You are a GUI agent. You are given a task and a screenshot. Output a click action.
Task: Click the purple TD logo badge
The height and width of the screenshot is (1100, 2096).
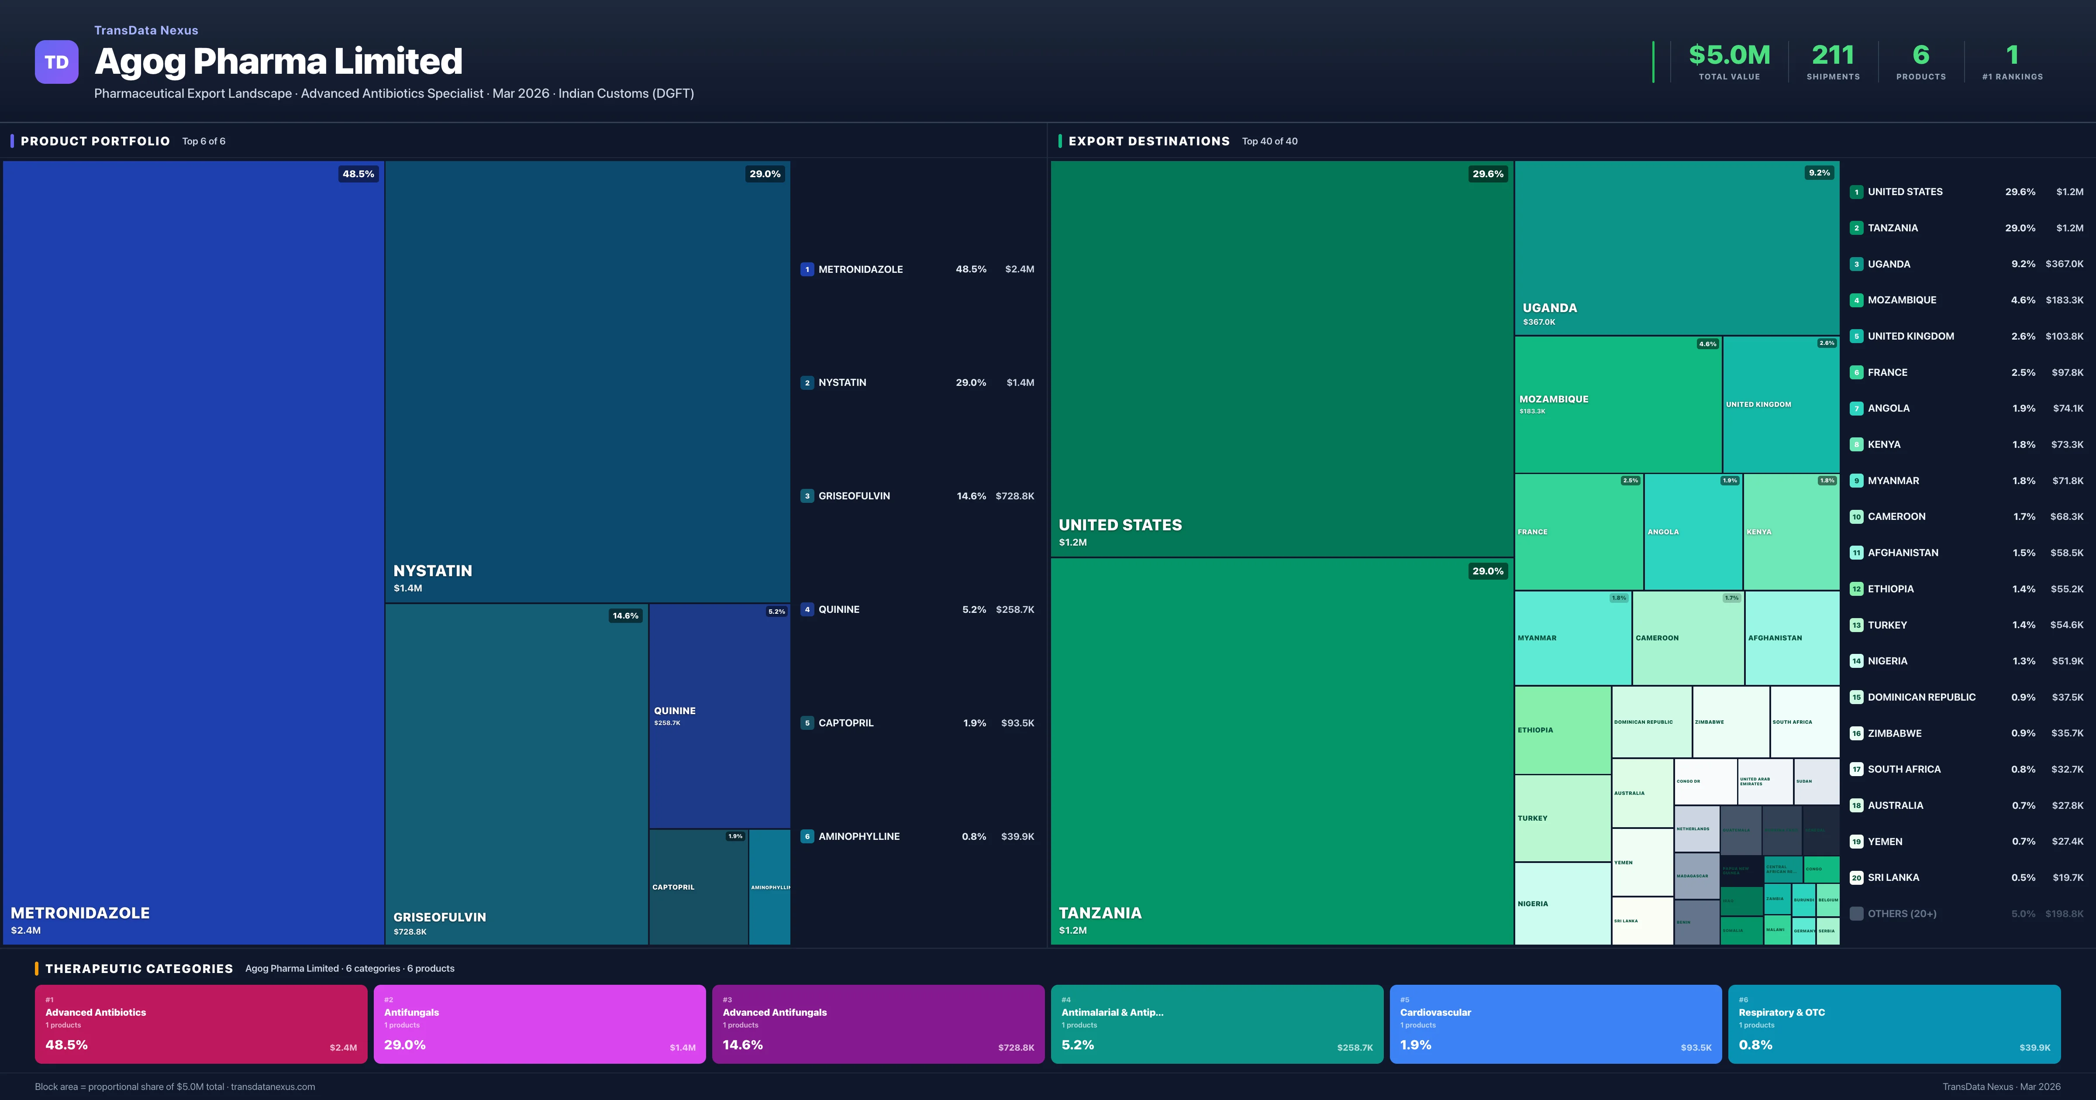(56, 62)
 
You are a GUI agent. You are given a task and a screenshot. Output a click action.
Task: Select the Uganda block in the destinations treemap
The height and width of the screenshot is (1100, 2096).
(1676, 247)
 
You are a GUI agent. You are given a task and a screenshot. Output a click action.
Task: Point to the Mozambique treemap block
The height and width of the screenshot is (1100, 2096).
(1617, 404)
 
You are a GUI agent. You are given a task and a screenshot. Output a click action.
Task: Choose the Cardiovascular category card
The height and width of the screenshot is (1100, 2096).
(1555, 1024)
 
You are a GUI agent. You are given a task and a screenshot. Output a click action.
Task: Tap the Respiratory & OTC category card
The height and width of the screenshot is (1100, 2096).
(1893, 1024)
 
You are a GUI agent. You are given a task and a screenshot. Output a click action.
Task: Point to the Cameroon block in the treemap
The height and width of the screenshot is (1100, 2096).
(1688, 638)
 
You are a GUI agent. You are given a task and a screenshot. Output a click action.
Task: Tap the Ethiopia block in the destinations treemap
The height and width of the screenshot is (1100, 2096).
(1562, 730)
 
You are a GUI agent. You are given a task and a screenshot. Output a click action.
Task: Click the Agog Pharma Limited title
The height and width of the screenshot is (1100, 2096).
(278, 62)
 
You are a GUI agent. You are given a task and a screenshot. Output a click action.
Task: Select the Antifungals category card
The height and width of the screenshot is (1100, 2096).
(539, 1024)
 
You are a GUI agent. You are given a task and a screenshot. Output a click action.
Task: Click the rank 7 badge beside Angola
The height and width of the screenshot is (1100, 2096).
(1856, 409)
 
